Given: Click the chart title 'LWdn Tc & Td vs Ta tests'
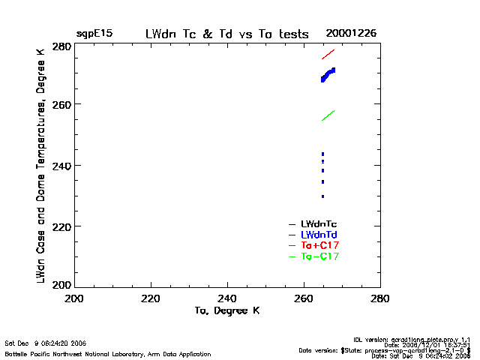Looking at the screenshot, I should (226, 34).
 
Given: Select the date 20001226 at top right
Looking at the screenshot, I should (351, 34).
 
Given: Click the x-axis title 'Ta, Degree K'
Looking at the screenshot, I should (227, 310).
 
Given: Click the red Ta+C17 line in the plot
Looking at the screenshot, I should (328, 54).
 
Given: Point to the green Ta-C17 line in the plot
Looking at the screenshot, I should (328, 115).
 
